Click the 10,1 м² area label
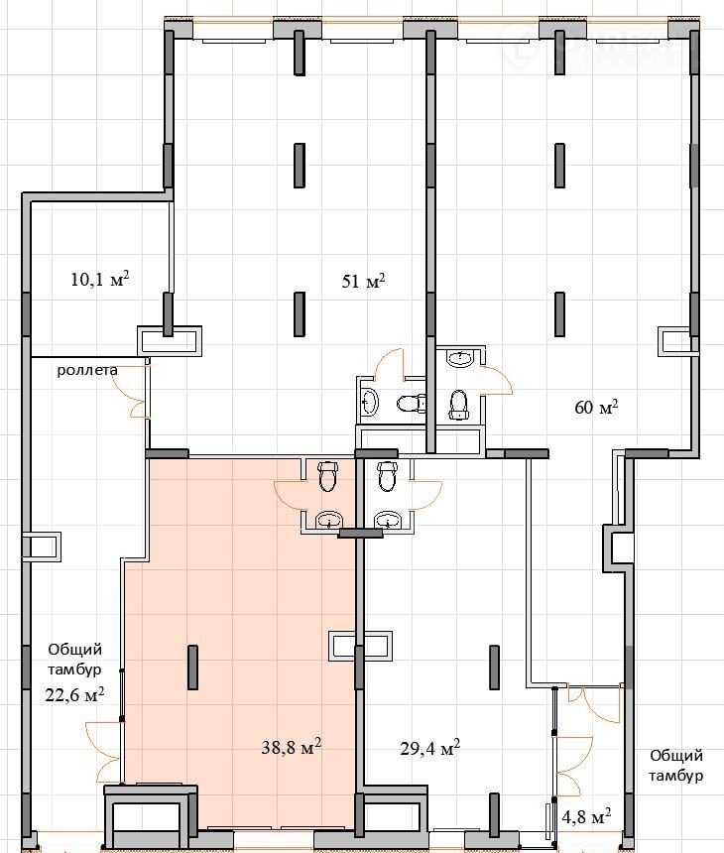(x=99, y=279)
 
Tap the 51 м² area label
(x=363, y=281)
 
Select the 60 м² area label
(x=596, y=407)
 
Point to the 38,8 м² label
(x=291, y=747)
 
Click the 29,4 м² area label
(x=429, y=748)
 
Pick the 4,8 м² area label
(x=585, y=816)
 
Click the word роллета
(x=87, y=371)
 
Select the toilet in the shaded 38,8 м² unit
(x=327, y=475)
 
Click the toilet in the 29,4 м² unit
(x=386, y=475)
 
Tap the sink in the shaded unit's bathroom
(x=328, y=520)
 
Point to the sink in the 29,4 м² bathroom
(x=388, y=520)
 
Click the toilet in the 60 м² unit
(x=459, y=405)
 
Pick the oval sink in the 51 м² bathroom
(x=370, y=402)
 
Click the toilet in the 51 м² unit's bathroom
(x=411, y=403)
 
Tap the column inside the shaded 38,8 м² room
(x=192, y=667)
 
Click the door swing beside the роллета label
(x=131, y=391)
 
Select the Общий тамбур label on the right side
(x=676, y=765)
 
